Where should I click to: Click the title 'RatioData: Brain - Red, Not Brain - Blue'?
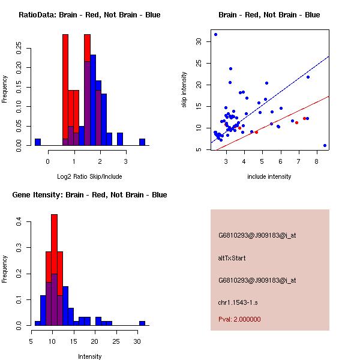click(x=89, y=15)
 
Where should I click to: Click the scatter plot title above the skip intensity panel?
click(x=269, y=15)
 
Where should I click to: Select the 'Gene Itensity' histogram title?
click(x=89, y=195)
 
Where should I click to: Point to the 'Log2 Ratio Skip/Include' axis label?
click(x=89, y=176)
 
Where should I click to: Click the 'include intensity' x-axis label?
click(x=269, y=176)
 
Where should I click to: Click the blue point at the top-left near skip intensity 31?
click(x=215, y=34)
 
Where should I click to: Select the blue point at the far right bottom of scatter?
click(x=325, y=145)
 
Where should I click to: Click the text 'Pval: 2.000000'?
click(x=239, y=319)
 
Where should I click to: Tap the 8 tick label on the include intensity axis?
click(x=316, y=161)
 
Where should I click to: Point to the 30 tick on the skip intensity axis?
click(x=199, y=41)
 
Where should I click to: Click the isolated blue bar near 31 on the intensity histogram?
click(x=142, y=323)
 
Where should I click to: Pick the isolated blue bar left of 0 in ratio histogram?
click(x=38, y=142)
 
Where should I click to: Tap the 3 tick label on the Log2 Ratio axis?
click(x=126, y=161)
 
